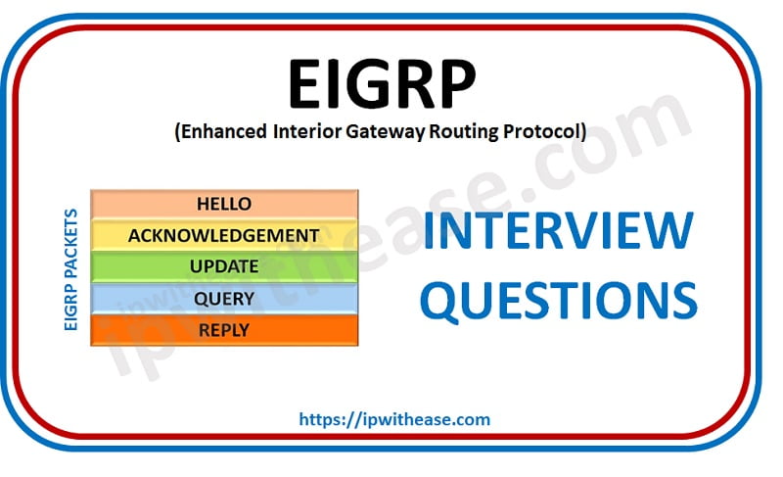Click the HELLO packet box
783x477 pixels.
(224, 204)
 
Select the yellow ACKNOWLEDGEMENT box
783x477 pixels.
(224, 235)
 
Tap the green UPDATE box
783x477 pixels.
(224, 266)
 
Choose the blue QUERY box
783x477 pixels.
(224, 298)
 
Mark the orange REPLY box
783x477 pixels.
(224, 329)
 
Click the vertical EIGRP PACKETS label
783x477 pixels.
(71, 267)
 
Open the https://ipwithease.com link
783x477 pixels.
(394, 419)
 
